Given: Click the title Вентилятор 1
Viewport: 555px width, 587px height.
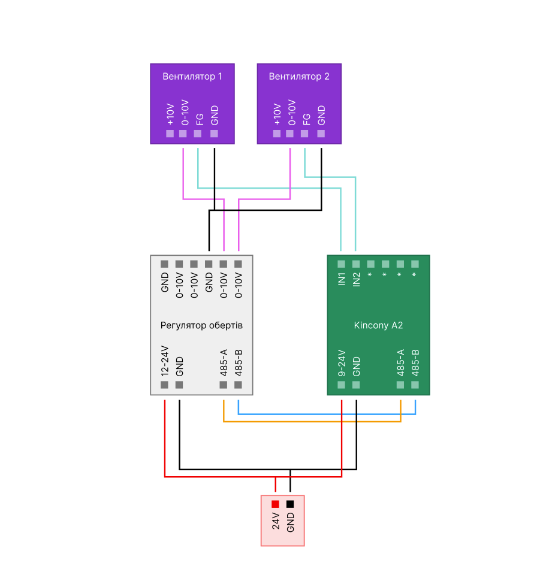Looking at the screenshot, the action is (x=192, y=77).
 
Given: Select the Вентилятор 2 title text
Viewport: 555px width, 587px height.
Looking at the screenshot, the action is (x=299, y=77).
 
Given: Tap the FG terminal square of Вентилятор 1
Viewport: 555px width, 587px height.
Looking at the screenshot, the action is (x=198, y=134).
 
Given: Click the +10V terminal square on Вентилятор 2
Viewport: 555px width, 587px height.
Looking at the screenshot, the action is (x=277, y=134).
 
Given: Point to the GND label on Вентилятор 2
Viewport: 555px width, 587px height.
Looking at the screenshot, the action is (x=321, y=115).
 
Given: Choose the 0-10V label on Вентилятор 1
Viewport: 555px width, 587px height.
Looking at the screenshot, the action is (x=185, y=113).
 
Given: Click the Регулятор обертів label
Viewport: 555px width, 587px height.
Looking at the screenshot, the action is (x=201, y=325).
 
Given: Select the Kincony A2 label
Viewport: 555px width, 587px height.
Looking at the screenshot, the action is (x=378, y=325).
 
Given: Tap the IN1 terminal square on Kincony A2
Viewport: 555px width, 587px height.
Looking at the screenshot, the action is (x=341, y=264).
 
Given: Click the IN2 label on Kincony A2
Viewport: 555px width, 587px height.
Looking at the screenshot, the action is (x=356, y=279).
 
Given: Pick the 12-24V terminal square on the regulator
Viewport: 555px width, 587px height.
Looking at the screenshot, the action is (x=164, y=385).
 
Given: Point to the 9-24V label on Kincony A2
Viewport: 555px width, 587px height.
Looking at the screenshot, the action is (x=341, y=363).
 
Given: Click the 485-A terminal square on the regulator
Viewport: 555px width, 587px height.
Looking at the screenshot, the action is (x=224, y=385).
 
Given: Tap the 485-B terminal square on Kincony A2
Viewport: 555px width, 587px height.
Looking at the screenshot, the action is (x=415, y=385).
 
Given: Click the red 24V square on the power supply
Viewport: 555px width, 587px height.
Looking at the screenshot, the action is (x=275, y=504).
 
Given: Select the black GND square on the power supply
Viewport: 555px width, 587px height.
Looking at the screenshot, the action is (x=290, y=504).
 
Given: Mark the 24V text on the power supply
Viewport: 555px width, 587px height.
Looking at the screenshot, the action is (x=276, y=521).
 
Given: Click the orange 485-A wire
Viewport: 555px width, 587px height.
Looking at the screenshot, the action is (x=312, y=422).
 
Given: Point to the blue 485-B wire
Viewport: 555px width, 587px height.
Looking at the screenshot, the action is (x=327, y=414).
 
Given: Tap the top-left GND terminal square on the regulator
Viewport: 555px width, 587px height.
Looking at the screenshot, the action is (x=164, y=264).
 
